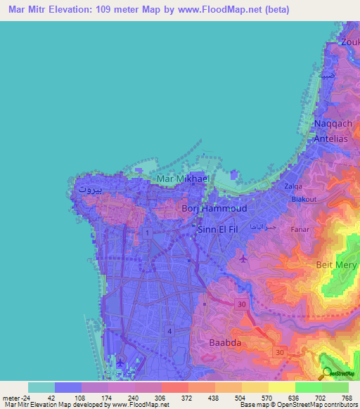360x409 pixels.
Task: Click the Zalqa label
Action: (294, 186)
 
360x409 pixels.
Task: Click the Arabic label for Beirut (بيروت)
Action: (91, 189)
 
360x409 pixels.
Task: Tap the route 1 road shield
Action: (147, 231)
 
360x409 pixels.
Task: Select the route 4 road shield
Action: (169, 330)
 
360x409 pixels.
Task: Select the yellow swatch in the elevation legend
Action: (281, 388)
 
